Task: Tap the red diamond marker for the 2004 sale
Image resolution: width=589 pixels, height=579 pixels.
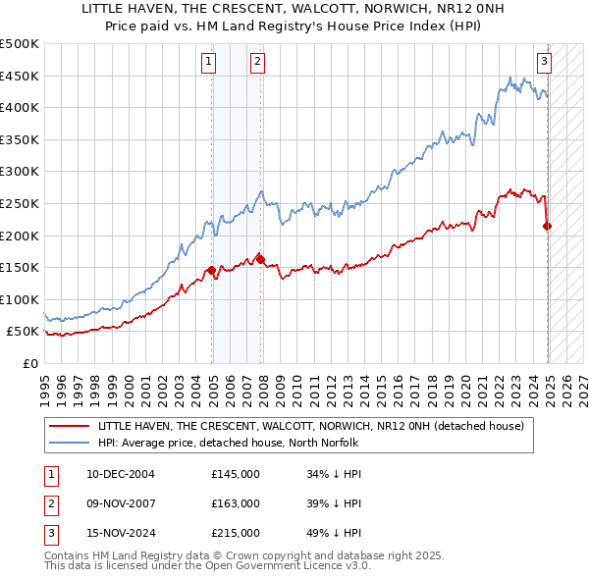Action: [x=211, y=270]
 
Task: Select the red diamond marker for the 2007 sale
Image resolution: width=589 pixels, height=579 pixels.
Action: [x=260, y=259]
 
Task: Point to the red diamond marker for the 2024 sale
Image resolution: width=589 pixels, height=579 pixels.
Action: [x=548, y=226]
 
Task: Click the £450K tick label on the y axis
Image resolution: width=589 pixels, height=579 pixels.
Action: [x=20, y=76]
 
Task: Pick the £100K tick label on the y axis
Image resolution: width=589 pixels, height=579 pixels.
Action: [x=20, y=299]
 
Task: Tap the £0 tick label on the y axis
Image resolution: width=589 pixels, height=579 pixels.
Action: [x=29, y=363]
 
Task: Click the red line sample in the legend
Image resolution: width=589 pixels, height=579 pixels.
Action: [x=69, y=426]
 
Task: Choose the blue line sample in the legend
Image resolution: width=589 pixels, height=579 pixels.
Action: [x=69, y=443]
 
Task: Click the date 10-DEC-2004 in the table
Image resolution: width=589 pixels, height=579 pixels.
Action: [x=120, y=474]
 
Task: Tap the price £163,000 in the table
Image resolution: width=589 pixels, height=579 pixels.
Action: [x=236, y=503]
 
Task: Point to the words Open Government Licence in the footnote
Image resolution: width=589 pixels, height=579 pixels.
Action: [x=266, y=566]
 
